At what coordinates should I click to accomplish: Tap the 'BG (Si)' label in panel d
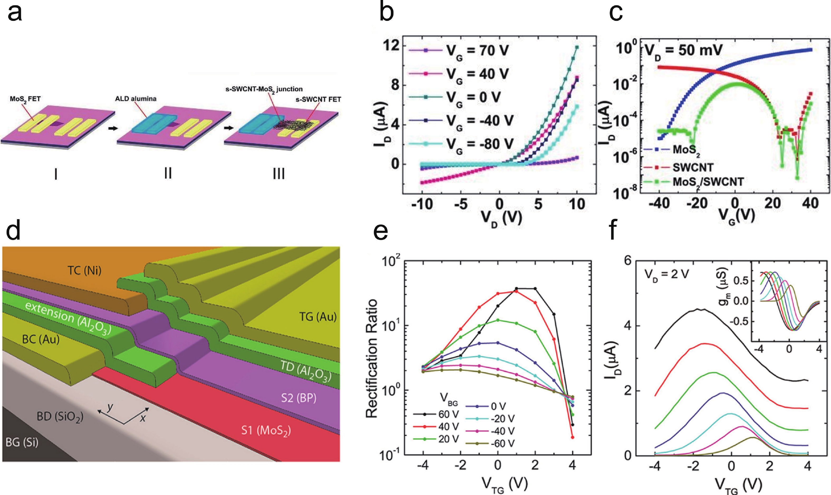coord(22,442)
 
